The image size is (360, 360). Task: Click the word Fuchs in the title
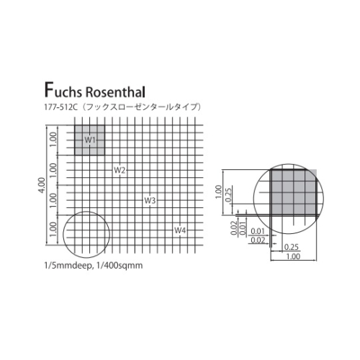point(63,91)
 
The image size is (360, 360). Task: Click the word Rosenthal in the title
point(115,92)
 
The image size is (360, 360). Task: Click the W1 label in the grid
point(90,140)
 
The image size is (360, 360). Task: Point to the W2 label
point(120,170)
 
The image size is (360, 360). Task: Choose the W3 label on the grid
point(150,200)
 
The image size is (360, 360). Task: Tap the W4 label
point(180,230)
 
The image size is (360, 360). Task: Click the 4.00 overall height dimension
point(41,185)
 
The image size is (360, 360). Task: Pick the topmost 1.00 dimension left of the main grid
point(53,140)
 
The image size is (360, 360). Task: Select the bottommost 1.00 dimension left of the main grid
point(53,230)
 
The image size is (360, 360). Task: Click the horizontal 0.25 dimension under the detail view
point(292,247)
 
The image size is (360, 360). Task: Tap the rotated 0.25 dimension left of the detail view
point(228,195)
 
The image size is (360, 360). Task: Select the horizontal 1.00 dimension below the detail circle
point(293,256)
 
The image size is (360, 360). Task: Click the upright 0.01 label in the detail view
point(258,231)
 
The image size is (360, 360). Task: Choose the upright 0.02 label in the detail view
point(258,240)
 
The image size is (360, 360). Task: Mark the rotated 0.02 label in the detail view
point(234,228)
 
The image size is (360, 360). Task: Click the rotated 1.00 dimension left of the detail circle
point(218,192)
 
